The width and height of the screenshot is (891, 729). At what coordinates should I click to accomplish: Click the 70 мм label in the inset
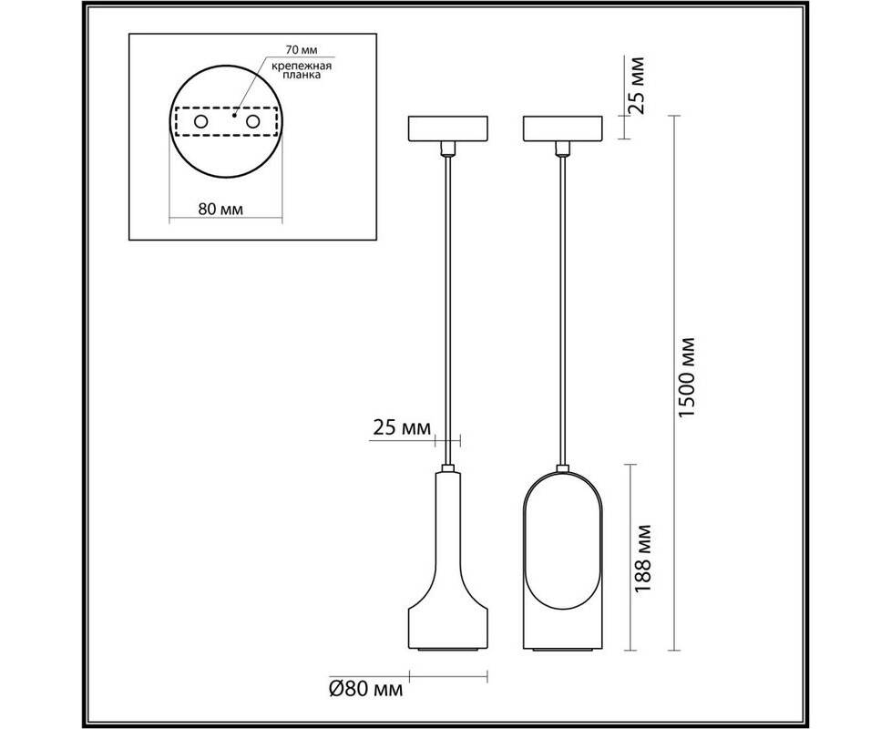click(x=302, y=50)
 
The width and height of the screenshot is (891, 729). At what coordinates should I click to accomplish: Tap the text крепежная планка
click(x=302, y=70)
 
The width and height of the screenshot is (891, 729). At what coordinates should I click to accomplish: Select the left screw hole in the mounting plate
click(x=200, y=121)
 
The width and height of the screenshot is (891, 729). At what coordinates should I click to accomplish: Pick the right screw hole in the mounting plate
click(x=253, y=121)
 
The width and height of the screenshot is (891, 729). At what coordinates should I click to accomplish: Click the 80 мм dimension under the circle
click(x=220, y=209)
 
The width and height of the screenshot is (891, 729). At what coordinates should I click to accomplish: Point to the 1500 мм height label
click(x=687, y=377)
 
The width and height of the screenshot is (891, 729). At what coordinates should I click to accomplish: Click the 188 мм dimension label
click(x=641, y=559)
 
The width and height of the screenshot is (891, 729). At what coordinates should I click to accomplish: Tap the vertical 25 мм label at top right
click(x=637, y=86)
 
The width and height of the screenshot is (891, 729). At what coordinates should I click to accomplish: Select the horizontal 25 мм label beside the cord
click(x=401, y=427)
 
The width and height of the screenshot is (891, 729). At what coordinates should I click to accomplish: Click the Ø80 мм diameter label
click(x=366, y=689)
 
